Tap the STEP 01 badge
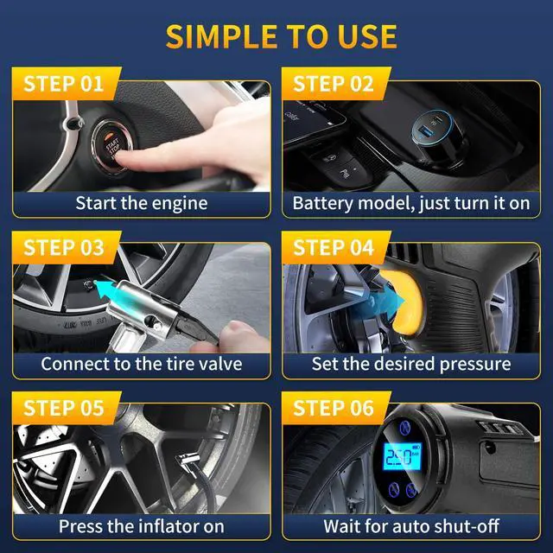tap(62, 84)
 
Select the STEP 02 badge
tap(333, 84)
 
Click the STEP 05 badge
tap(62, 408)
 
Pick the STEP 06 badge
tap(333, 408)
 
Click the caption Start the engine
tap(142, 203)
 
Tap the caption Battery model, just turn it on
tap(410, 203)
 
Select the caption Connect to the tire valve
tap(142, 363)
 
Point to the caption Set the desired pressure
tap(410, 363)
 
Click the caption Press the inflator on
tap(142, 525)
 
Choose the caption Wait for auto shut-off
tap(410, 525)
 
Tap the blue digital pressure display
tap(400, 455)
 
